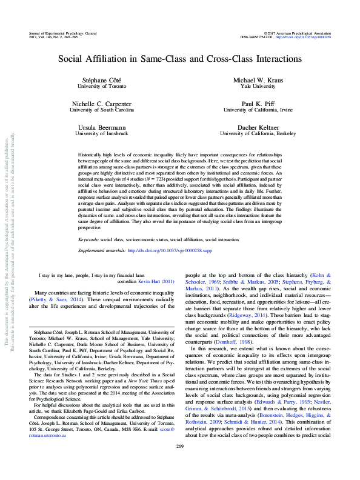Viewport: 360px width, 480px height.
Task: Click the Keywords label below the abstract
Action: coord(89,224)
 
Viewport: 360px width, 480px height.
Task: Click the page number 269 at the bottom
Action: coord(179,464)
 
